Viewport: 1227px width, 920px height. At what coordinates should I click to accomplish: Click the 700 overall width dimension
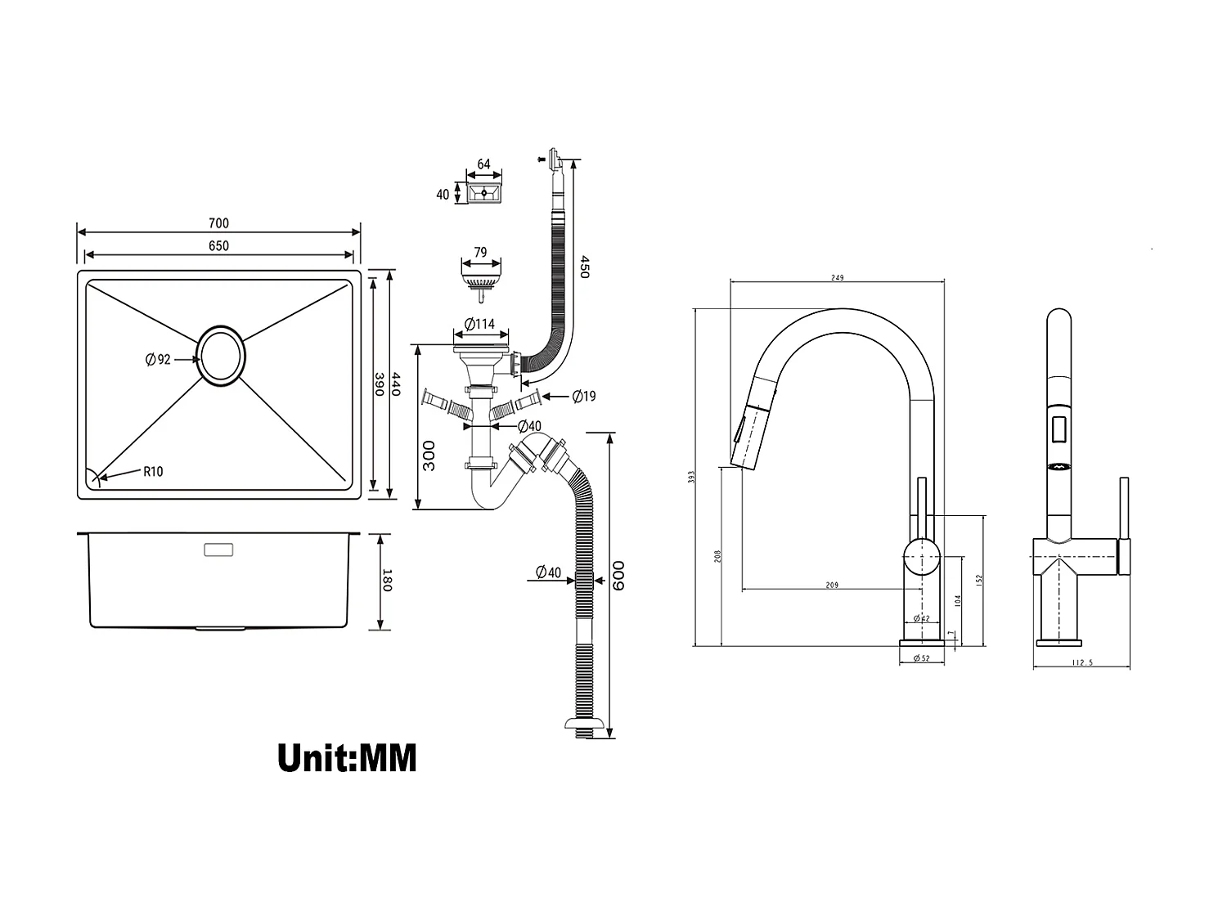coord(218,223)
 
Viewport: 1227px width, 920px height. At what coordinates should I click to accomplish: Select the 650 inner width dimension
coord(218,245)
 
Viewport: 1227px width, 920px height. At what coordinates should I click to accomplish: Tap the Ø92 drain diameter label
coord(158,359)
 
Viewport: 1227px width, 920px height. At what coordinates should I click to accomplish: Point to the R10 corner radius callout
coord(153,471)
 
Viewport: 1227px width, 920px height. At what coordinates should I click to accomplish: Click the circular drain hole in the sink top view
coord(220,356)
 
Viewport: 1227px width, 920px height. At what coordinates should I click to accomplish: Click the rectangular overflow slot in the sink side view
coord(218,549)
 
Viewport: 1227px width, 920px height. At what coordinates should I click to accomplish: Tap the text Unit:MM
coord(347,757)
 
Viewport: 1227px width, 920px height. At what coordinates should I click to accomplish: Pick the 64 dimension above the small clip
coord(483,164)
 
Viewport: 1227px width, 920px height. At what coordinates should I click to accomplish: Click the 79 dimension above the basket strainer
coord(480,252)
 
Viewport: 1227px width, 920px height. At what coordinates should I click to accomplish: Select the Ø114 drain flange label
coord(479,324)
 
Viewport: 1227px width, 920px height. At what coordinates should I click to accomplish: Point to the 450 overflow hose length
coord(584,267)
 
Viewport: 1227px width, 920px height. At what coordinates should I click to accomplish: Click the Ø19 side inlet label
coord(584,397)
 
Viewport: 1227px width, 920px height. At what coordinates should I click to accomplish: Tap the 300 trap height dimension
coord(429,455)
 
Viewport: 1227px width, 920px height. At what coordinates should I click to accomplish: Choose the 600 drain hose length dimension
coord(619,577)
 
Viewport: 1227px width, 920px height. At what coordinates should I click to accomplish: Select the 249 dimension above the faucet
coord(837,278)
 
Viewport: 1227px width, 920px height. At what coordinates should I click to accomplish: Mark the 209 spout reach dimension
coord(832,585)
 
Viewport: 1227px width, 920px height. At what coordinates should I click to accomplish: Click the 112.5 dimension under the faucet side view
coord(1081,662)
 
